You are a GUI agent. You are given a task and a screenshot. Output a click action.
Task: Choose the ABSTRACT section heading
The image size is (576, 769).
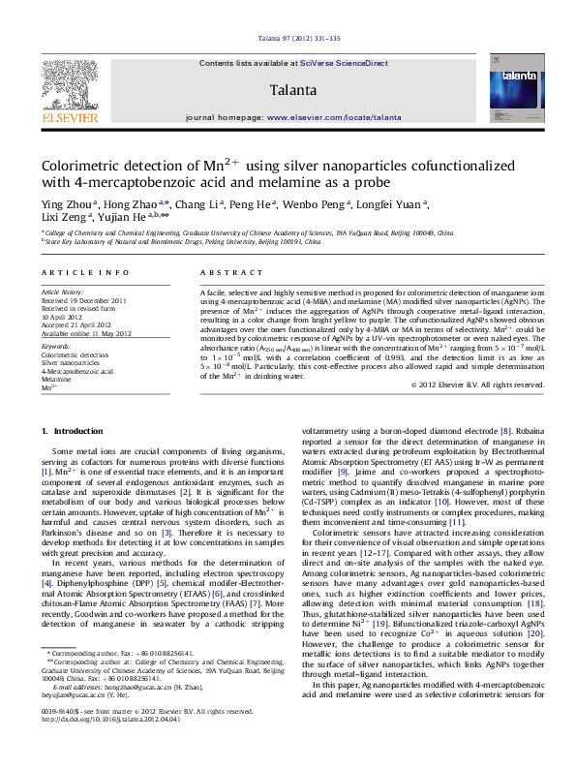[x=224, y=274]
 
